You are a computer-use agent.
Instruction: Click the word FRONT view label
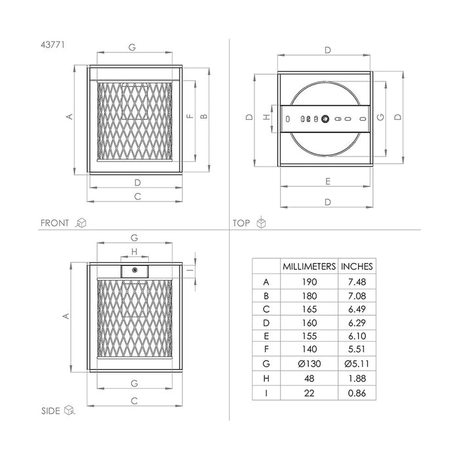pyautogui.click(x=54, y=223)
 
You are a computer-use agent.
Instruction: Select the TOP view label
pyautogui.click(x=241, y=223)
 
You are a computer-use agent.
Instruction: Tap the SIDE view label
pyautogui.click(x=50, y=410)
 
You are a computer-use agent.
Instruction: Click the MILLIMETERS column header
pyautogui.click(x=309, y=266)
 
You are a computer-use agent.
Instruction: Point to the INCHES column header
pyautogui.click(x=357, y=266)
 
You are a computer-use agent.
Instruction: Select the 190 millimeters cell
pyautogui.click(x=309, y=282)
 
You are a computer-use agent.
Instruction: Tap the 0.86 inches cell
pyautogui.click(x=357, y=393)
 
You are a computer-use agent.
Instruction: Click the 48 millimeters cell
pyautogui.click(x=309, y=378)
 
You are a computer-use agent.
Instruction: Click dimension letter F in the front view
pyautogui.click(x=190, y=117)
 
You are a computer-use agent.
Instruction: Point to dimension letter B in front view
pyautogui.click(x=204, y=117)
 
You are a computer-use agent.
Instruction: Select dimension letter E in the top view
pyautogui.click(x=327, y=181)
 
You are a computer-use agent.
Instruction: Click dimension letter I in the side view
pyautogui.click(x=188, y=270)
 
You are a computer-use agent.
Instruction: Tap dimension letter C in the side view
pyautogui.click(x=134, y=400)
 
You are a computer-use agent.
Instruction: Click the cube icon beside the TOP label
pyautogui.click(x=261, y=223)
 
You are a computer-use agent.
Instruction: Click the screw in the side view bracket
pyautogui.click(x=134, y=270)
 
